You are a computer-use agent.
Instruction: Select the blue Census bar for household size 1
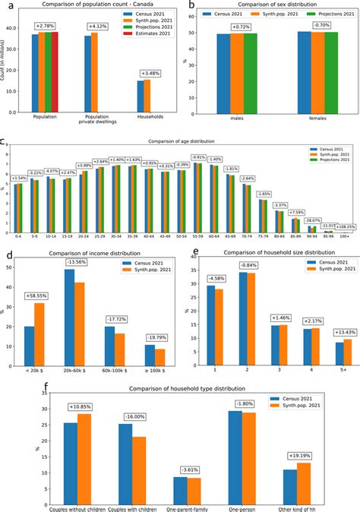[210, 318]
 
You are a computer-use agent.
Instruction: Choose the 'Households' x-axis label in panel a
[144, 116]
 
